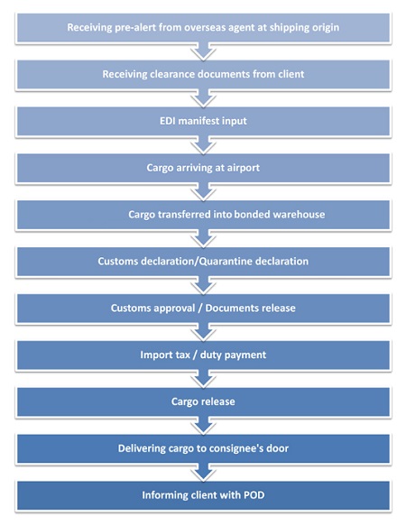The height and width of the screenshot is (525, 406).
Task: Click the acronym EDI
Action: (168, 121)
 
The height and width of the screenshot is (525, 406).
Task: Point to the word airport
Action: (244, 169)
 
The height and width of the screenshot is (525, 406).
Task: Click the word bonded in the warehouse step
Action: (252, 215)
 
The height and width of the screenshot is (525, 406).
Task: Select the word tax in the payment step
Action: (183, 355)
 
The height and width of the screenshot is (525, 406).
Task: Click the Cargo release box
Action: (203, 401)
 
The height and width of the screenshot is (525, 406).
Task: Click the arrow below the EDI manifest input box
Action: (203, 144)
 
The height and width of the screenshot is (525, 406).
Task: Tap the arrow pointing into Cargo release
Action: (203, 379)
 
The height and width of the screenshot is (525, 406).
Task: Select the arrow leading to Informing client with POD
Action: (203, 472)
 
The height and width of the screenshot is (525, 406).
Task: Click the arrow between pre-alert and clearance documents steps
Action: (203, 51)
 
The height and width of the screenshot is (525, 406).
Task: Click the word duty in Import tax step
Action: (210, 355)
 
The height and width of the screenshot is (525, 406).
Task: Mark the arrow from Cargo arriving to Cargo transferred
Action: (203, 191)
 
